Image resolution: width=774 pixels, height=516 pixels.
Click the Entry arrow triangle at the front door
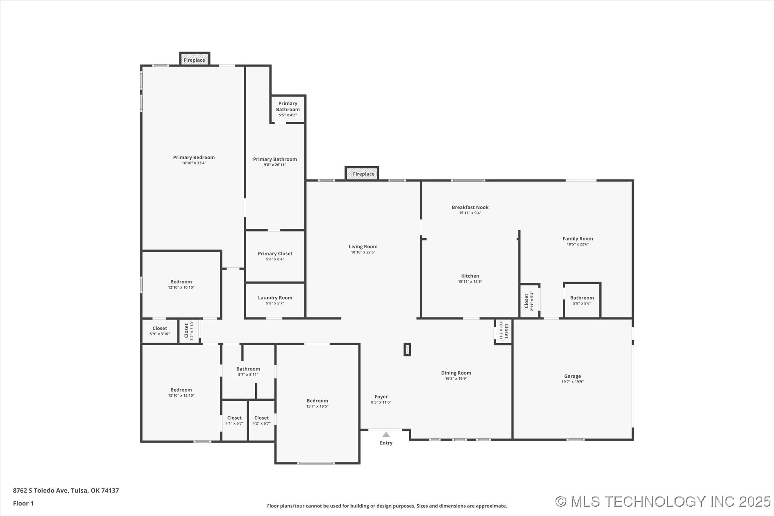click(386, 435)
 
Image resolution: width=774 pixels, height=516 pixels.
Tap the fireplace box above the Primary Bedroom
click(195, 59)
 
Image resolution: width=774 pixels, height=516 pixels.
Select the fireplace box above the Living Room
click(362, 173)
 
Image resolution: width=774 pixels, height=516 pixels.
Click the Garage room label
click(572, 376)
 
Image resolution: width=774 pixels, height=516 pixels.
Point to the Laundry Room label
click(275, 298)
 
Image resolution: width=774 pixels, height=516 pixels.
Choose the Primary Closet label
click(275, 254)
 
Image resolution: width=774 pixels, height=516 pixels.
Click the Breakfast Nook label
click(470, 207)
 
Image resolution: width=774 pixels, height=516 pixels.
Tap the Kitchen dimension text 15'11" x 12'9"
click(470, 282)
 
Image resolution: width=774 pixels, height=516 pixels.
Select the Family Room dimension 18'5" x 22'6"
click(578, 244)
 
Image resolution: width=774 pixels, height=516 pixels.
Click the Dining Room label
click(456, 373)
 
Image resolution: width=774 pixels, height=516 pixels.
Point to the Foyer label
click(381, 397)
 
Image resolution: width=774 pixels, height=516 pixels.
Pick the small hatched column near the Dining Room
click(407, 350)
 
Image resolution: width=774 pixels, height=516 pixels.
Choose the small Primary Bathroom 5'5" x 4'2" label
click(288, 109)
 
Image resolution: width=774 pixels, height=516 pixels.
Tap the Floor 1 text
click(23, 503)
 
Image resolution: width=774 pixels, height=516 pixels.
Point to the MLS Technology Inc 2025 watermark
click(663, 501)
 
